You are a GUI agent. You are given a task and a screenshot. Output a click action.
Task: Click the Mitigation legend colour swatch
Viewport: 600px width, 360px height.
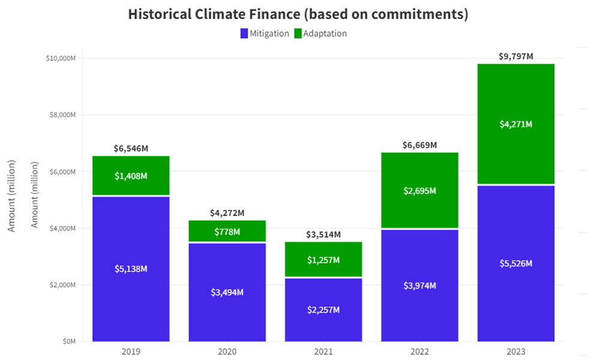point(244,34)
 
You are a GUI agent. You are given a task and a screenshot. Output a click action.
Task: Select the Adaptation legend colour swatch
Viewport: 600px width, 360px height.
point(297,34)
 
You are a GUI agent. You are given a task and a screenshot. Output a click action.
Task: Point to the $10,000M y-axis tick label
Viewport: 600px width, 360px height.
point(60,58)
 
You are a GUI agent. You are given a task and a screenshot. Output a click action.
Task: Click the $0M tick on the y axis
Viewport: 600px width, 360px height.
point(69,341)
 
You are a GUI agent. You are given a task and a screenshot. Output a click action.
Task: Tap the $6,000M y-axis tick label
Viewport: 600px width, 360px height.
point(62,172)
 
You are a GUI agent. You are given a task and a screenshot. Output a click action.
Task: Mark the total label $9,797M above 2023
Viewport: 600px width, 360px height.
point(516,56)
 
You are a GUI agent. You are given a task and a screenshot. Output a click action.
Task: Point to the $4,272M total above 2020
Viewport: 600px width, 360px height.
point(227,213)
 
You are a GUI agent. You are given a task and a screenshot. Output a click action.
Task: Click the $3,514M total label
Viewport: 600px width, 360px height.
point(323,235)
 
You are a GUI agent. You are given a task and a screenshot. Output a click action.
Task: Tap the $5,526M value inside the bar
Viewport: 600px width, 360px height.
point(516,263)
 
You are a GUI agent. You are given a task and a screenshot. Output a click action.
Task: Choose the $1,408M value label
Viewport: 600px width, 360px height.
point(131,176)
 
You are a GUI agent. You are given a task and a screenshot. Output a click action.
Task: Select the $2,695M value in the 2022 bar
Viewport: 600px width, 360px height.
point(419,191)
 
